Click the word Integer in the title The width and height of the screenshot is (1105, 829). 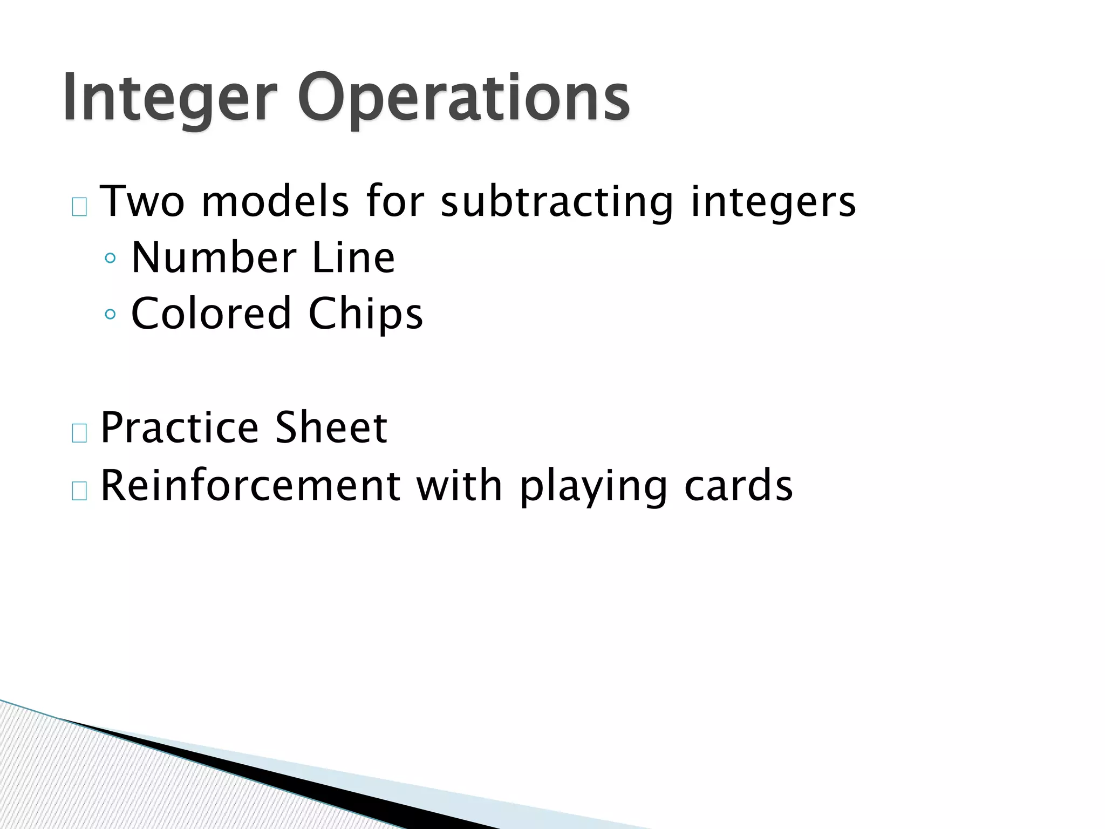(169, 98)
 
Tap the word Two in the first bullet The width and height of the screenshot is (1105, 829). (142, 201)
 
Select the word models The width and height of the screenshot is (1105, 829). (275, 201)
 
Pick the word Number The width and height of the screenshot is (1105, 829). (214, 258)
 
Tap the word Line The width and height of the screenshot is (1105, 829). (353, 258)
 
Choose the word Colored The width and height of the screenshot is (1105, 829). (211, 314)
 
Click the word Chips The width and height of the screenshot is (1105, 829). (365, 315)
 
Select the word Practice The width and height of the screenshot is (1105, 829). (180, 427)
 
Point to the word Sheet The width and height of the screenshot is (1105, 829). (331, 427)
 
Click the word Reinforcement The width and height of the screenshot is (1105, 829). (250, 485)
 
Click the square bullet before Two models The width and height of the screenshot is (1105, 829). (79, 207)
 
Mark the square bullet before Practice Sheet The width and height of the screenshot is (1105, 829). (79, 433)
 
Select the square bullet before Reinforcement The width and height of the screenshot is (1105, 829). (79, 491)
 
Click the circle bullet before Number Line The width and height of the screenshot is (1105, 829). (111, 259)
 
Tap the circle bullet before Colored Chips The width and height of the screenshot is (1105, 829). (111, 314)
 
